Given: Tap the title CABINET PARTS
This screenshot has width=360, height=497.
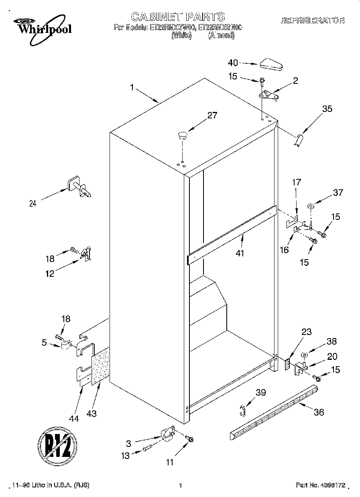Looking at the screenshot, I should pos(178,17).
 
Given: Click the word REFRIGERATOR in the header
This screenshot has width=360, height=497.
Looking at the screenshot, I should pos(313,20).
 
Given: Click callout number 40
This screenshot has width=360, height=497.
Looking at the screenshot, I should pos(233,63).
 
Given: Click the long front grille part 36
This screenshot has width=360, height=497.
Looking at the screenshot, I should pos(274,412).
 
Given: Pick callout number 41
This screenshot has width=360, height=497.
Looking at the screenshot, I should pos(240,253).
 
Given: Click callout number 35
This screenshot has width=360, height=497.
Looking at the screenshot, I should pos(327,109).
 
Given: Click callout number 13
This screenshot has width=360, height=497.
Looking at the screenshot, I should pos(126,455).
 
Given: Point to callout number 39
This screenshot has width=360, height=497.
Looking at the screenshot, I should pos(261,393).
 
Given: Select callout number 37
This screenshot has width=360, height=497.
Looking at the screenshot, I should pos(338,193).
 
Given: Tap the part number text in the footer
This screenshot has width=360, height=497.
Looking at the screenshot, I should pos(320,485).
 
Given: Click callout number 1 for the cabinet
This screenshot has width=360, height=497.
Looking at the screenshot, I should pos(133,87).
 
